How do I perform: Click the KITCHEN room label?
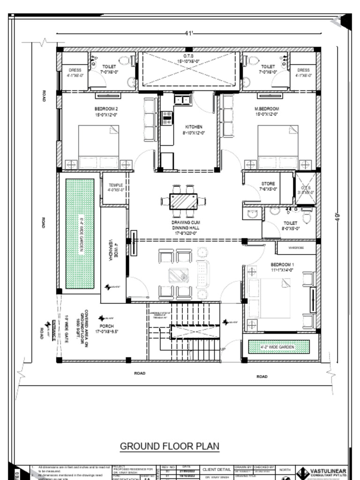tap(194, 127)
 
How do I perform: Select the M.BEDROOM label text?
tap(266, 108)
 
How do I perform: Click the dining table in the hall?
tap(183, 201)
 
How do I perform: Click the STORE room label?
tap(268, 184)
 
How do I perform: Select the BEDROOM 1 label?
tap(282, 264)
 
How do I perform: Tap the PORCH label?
tap(106, 326)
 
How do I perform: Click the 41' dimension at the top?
tap(189, 33)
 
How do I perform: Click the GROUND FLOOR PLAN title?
tap(170, 446)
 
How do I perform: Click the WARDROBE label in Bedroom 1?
tap(296, 247)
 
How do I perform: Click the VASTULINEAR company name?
tap(328, 471)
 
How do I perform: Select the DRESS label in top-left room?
tap(75, 70)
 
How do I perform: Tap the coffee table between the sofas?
tap(179, 275)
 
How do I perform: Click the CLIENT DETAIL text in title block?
tap(216, 469)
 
